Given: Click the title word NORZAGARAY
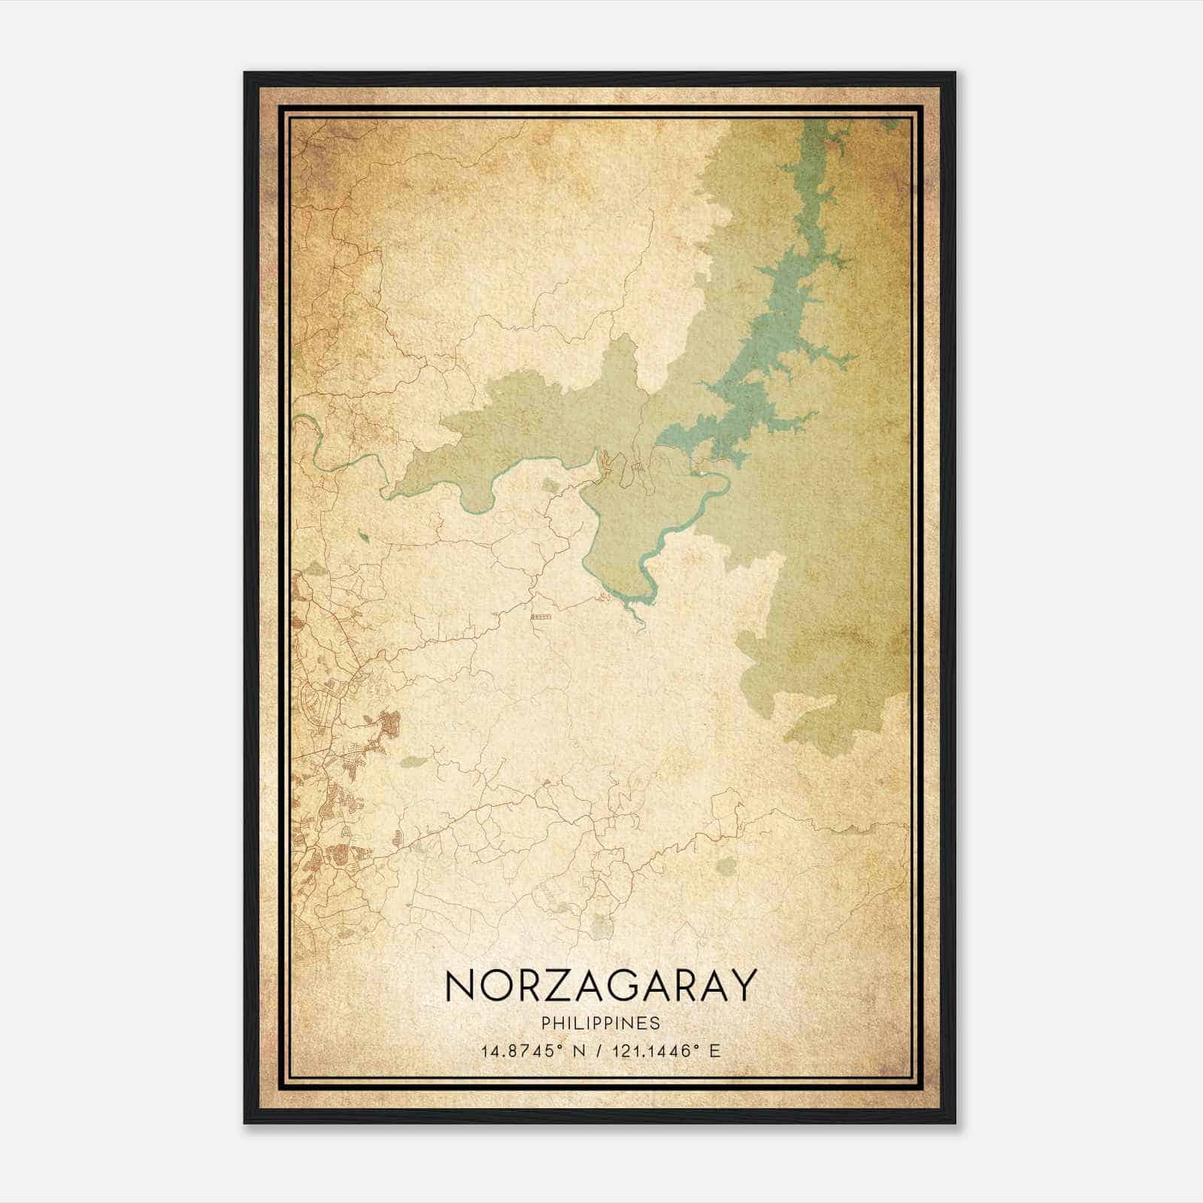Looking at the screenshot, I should [599, 986].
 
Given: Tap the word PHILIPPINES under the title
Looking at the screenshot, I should [600, 1023].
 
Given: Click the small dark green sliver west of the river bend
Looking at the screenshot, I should [365, 537].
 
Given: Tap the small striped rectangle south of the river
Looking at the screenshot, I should [541, 616].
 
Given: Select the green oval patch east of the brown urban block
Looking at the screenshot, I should [413, 762].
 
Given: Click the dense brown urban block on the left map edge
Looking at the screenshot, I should [389, 725].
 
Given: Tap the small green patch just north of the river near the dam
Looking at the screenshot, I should [553, 486].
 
